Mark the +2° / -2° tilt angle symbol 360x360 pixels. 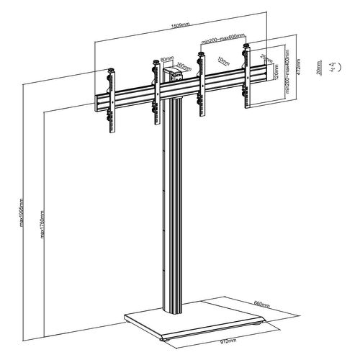coord(333,68)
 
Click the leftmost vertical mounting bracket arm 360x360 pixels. coord(112,101)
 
